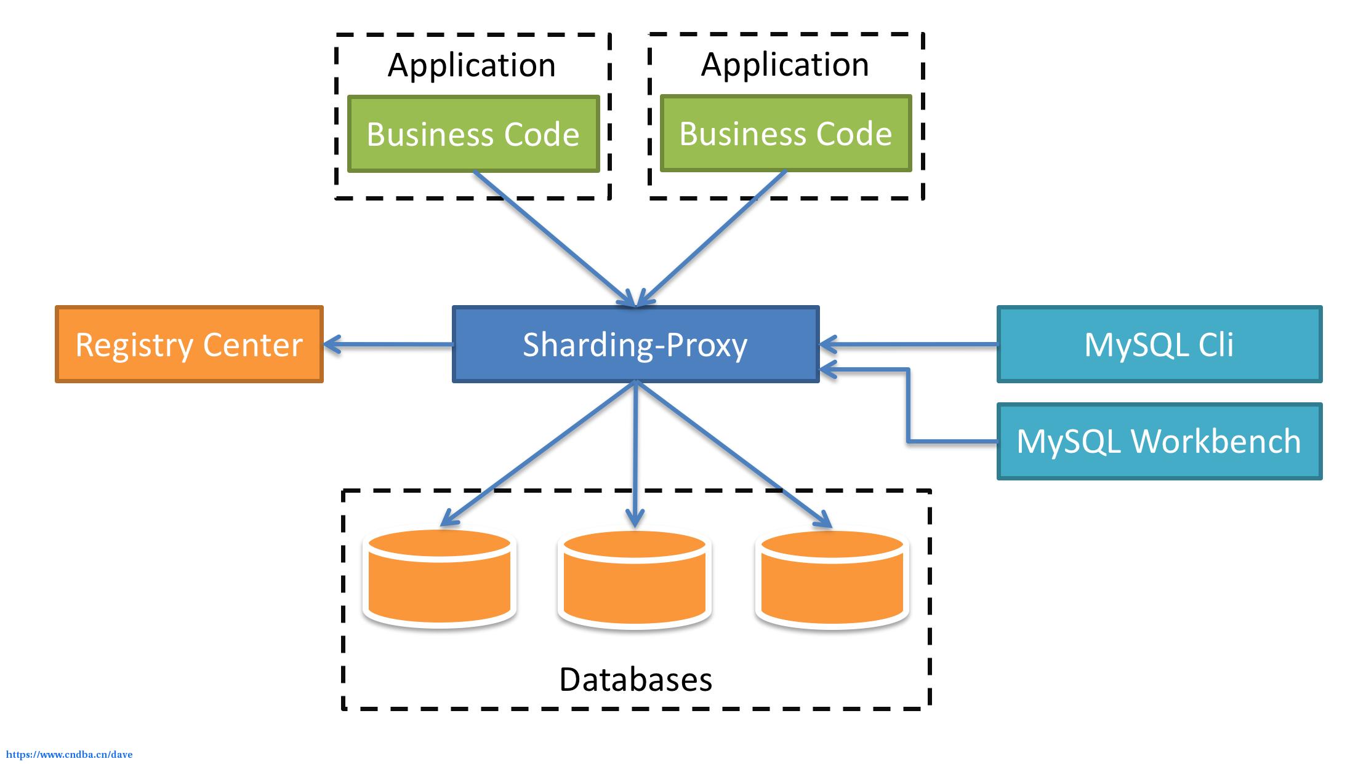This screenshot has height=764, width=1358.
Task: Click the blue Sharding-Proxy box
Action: point(636,344)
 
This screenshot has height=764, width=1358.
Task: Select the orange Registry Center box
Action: point(189,344)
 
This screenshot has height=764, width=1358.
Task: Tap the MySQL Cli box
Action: point(1159,344)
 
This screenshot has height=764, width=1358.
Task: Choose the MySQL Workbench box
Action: point(1159,441)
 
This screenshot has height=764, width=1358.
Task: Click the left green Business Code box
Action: point(473,133)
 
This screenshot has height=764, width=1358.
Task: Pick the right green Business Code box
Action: point(785,133)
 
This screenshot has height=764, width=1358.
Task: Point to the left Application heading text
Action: point(472,66)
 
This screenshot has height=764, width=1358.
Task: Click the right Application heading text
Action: point(785,65)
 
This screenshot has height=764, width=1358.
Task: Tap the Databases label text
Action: point(636,680)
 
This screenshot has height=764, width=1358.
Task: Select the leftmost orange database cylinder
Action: point(440,578)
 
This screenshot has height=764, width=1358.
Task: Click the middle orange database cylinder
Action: point(635,579)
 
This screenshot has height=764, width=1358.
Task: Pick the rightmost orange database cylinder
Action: point(832,579)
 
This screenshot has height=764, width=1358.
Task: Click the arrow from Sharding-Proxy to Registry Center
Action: point(388,344)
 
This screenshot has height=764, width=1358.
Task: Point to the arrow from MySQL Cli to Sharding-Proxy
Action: point(909,344)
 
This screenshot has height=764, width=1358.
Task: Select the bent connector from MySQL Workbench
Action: point(908,406)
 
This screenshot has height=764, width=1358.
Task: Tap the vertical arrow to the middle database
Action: point(635,455)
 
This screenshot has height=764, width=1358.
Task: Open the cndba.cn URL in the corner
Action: point(69,755)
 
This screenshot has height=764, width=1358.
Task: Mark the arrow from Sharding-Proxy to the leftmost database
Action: point(538,455)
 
